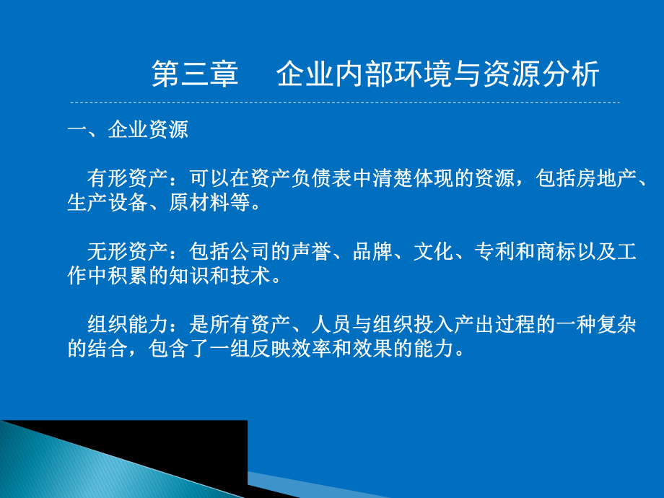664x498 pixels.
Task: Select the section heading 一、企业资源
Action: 127,130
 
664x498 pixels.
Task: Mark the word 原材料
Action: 198,203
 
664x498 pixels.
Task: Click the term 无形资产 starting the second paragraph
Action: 127,252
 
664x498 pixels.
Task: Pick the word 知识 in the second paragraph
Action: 188,276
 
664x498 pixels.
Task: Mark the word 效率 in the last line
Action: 329,349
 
